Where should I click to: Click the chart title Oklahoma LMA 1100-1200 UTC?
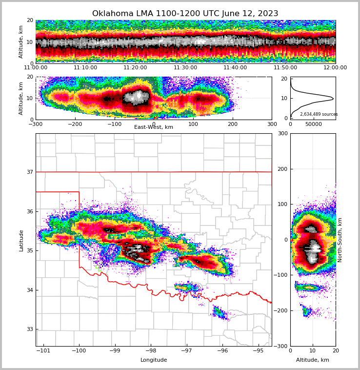185,14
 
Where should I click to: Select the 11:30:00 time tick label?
185,68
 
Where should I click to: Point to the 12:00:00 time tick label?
335,68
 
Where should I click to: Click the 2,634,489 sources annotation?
319,114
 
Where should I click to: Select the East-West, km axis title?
154,127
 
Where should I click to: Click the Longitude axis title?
154,360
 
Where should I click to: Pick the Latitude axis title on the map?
21,240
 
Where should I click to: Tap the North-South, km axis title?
340,240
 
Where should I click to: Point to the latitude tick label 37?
29,172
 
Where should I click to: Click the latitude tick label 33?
29,329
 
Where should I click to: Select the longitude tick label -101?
43,351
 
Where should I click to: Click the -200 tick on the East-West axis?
75,124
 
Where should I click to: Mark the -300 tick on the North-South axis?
282,346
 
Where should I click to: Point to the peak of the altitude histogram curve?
333,99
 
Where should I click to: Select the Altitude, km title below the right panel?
313,360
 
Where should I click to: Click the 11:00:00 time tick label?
36,68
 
